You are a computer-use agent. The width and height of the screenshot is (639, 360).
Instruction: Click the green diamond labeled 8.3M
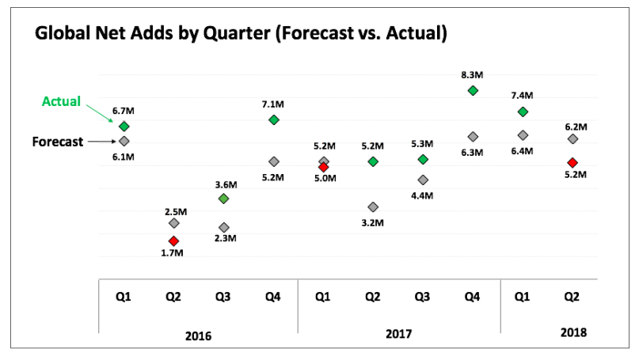coord(473,90)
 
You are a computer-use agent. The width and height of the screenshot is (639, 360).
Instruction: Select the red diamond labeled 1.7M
coord(173,241)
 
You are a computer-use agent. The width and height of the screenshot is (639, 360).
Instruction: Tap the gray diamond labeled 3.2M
coord(373,207)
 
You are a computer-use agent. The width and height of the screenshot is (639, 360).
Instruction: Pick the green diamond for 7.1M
coord(273,119)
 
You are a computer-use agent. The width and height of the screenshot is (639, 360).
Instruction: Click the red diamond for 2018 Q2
coord(572,162)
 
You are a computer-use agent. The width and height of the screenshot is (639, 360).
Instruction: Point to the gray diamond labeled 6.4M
coord(523,135)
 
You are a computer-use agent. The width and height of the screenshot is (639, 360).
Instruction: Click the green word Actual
coord(61,102)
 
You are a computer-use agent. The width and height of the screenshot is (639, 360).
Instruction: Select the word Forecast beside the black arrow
coord(58,142)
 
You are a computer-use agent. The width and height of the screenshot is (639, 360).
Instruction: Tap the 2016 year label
coord(197,335)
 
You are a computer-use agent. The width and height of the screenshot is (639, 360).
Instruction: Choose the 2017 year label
coord(398,335)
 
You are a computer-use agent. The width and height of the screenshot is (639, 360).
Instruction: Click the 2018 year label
coord(572,332)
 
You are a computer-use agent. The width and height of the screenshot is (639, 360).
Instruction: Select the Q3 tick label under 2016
coord(223,297)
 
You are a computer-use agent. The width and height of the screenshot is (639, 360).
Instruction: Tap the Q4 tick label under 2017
coord(473,297)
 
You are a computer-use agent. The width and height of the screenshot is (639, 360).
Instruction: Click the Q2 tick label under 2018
coord(572,297)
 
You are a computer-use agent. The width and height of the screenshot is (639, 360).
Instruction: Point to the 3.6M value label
coord(223,184)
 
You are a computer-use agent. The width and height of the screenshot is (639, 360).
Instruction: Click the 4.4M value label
coord(423,195)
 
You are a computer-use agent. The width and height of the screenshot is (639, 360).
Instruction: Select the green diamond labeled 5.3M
coord(423,159)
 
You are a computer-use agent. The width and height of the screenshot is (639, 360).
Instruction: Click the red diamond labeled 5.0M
coord(323,167)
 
